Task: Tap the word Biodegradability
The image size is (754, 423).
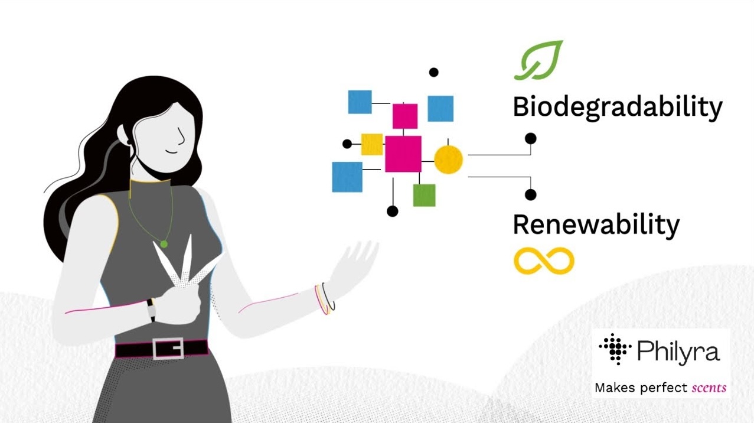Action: click(x=618, y=108)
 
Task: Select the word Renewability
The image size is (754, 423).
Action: click(x=596, y=226)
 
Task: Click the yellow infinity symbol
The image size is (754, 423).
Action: click(x=544, y=261)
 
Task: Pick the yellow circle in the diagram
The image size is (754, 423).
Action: click(x=448, y=160)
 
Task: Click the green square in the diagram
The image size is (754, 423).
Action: click(x=424, y=195)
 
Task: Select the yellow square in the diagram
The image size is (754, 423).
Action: click(x=372, y=145)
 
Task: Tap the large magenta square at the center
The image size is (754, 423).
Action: click(x=403, y=154)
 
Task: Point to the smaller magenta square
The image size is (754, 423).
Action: click(x=405, y=116)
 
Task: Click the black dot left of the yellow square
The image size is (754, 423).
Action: click(x=347, y=144)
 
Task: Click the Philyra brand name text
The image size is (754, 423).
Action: click(x=678, y=352)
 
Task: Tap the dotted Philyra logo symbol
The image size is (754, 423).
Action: click(x=615, y=349)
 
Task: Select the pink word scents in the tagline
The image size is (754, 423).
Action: click(x=709, y=388)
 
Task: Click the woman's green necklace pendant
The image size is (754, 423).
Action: click(x=164, y=244)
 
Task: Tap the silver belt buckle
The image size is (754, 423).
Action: click(x=168, y=349)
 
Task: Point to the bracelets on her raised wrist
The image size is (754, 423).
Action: click(x=325, y=298)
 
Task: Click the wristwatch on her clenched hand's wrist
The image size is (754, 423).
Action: click(x=151, y=310)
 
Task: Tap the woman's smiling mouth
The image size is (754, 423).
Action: click(x=172, y=152)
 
